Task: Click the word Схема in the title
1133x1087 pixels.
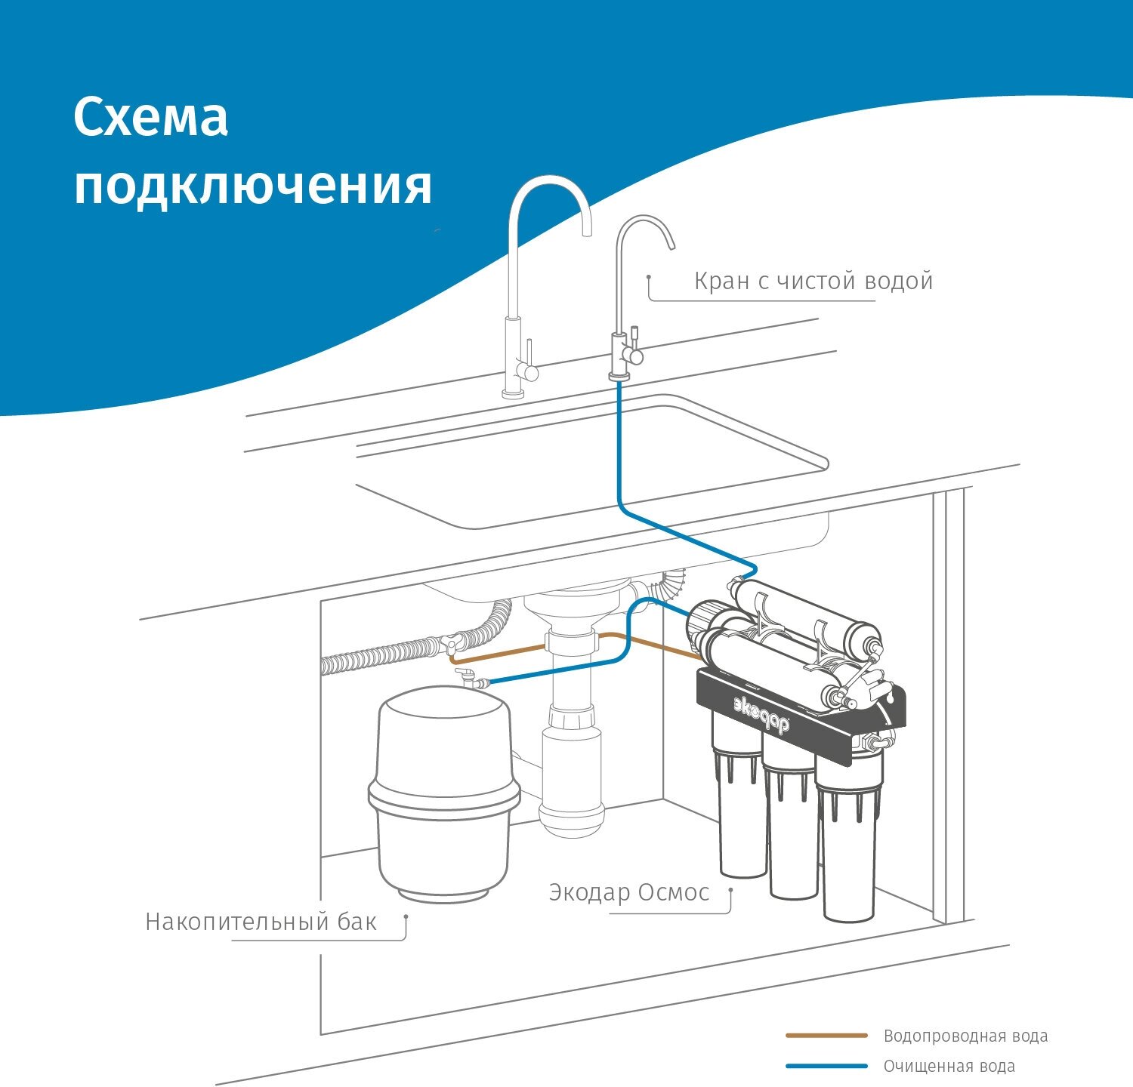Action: (x=151, y=118)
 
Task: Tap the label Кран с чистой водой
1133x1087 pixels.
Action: (x=813, y=282)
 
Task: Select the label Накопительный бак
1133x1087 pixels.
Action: (x=261, y=922)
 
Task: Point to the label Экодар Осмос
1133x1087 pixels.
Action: (x=629, y=892)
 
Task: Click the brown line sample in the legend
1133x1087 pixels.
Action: (x=826, y=1036)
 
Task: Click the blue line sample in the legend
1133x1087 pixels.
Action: (x=826, y=1066)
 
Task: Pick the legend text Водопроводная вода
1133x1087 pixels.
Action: (x=965, y=1036)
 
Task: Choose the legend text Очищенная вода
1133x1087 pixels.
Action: (x=949, y=1066)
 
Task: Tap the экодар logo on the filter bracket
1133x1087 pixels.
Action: (x=761, y=713)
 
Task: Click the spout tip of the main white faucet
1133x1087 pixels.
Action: (x=587, y=229)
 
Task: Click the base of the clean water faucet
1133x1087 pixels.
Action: (x=619, y=375)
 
